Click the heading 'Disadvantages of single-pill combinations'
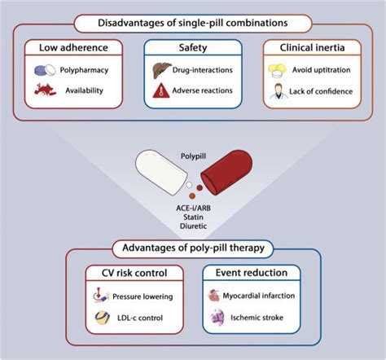[x=192, y=22]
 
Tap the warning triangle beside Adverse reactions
[x=162, y=91]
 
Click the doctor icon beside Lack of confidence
[x=279, y=91]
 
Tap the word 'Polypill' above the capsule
[x=193, y=152]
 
